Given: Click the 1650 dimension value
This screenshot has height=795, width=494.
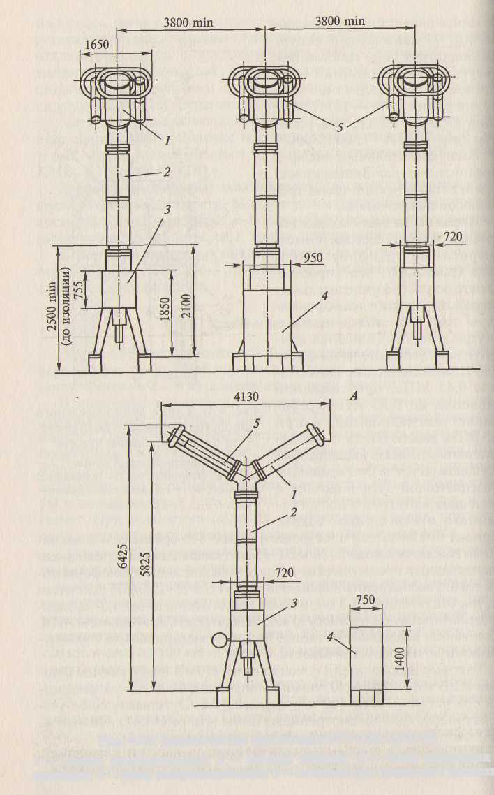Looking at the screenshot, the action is point(98,44).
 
